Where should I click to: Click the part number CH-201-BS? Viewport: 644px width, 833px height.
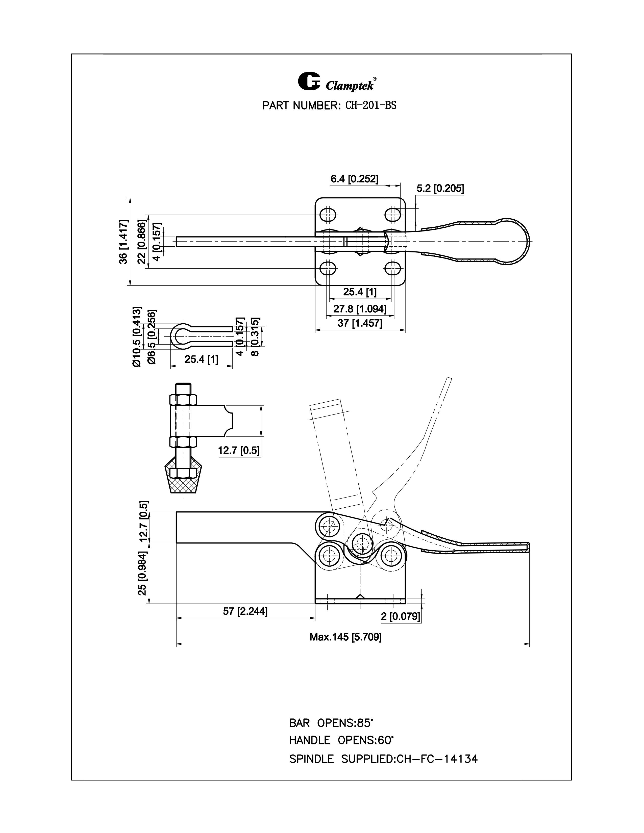pyautogui.click(x=370, y=106)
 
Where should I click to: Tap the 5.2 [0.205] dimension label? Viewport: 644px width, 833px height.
pyautogui.click(x=440, y=188)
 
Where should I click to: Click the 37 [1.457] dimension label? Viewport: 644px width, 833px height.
pyautogui.click(x=359, y=323)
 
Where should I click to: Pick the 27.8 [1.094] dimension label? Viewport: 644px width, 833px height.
pyautogui.click(x=359, y=308)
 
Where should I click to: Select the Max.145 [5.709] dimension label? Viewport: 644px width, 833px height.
pyautogui.click(x=345, y=637)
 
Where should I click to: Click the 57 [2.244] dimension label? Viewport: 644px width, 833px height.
pyautogui.click(x=245, y=611)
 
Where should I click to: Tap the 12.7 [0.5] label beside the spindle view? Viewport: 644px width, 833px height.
pyautogui.click(x=238, y=450)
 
